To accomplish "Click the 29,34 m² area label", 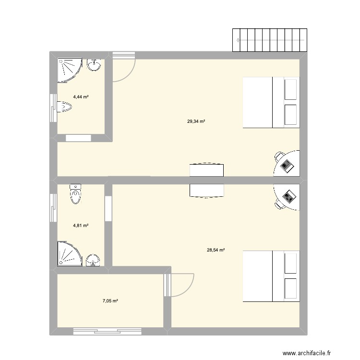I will click(x=196, y=122).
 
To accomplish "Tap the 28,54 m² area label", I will click(x=216, y=250).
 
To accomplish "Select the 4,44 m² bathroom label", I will click(x=81, y=97).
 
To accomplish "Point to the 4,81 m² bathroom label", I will click(x=81, y=225).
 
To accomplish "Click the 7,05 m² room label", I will click(x=110, y=301).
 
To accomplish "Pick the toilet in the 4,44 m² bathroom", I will click(x=64, y=107).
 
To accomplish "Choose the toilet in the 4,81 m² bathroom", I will click(x=75, y=194).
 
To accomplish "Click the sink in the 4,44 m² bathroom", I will click(x=95, y=64).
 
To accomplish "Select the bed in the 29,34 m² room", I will click(x=271, y=102).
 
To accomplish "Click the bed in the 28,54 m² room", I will click(x=271, y=276).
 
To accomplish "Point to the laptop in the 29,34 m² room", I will click(x=287, y=165).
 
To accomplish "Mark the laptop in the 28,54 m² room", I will click(x=289, y=196).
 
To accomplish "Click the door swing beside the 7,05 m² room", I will click(x=181, y=285).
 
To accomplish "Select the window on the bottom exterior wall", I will click(x=107, y=331).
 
